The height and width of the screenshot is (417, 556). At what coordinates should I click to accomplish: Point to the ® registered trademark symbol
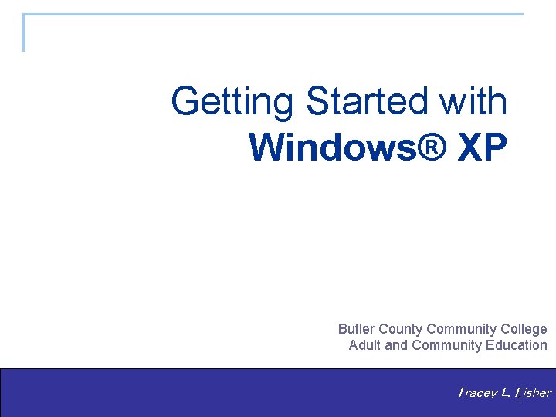tap(436, 147)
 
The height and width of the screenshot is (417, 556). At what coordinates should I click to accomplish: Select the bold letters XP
tap(483, 147)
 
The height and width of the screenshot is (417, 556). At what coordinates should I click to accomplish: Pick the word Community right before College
tap(461, 329)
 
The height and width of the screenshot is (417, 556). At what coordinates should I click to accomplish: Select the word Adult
tap(364, 345)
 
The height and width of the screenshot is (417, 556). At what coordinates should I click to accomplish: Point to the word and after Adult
tap(396, 345)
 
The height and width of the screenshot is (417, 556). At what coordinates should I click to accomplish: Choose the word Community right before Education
tap(447, 345)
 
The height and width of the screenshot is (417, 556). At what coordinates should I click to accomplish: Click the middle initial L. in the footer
tap(505, 393)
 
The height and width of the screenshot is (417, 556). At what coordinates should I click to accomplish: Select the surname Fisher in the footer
tap(533, 393)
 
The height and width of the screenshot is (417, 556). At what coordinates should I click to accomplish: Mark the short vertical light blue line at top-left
tap(24, 32)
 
